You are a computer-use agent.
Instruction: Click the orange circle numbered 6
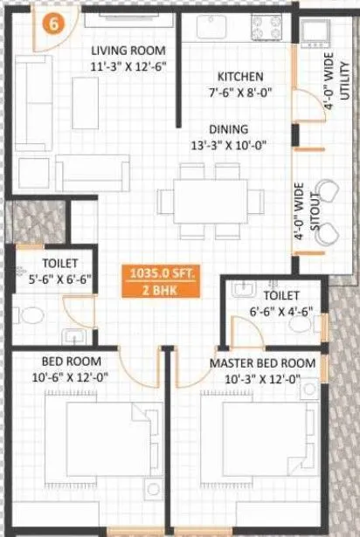pos(54,24)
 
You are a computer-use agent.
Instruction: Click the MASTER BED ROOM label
pos(262,362)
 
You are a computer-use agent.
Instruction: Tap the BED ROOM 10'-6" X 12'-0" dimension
pos(72,377)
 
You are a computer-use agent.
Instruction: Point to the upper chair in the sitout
pos(329,191)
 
